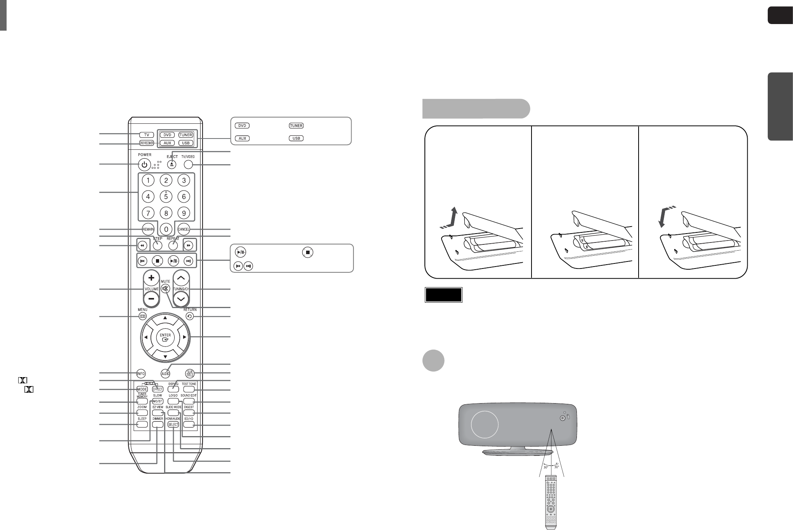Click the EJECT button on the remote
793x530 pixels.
click(x=172, y=165)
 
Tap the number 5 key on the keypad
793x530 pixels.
click(x=166, y=197)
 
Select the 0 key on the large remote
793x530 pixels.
click(x=166, y=229)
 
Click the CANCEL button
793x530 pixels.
click(x=184, y=229)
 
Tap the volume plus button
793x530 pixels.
click(x=151, y=278)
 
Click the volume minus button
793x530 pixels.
click(x=151, y=299)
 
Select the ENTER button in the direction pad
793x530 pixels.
click(x=165, y=338)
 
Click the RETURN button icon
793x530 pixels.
click(x=190, y=316)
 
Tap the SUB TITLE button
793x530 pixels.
click(x=189, y=374)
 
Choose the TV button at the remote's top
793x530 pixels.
click(x=147, y=135)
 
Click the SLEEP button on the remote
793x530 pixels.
click(x=142, y=424)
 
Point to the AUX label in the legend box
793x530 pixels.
click(x=242, y=139)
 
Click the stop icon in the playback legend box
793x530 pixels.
click(x=308, y=252)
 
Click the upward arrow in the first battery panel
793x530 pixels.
click(x=452, y=218)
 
